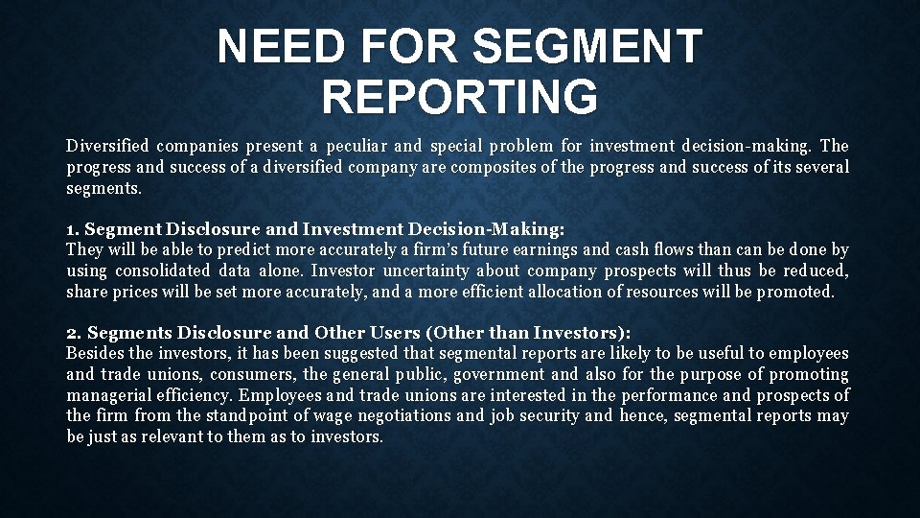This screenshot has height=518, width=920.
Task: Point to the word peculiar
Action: tap(357, 147)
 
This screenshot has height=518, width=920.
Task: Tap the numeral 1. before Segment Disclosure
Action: tap(74, 230)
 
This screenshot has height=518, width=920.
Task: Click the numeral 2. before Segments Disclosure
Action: tap(74, 333)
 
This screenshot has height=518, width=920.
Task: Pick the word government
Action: tap(503, 374)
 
